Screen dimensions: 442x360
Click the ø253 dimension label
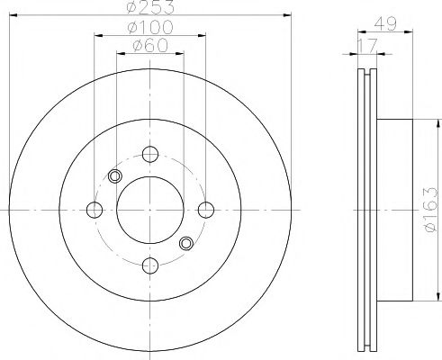150,6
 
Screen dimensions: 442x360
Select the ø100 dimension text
150,27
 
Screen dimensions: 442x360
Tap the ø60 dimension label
150,46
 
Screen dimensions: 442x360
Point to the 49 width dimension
385,23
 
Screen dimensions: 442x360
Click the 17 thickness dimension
367,46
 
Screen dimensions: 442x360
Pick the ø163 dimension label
429,210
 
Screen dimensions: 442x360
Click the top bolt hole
150,154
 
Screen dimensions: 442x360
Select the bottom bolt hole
150,265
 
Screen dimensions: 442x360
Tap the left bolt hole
95,210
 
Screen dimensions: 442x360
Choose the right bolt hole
206,210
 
